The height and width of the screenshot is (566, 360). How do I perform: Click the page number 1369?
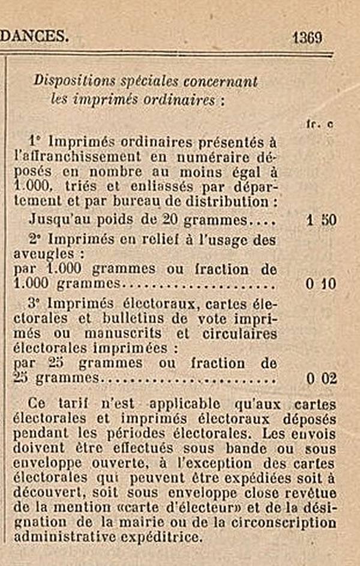308,37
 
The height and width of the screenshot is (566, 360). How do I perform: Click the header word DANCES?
34,37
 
